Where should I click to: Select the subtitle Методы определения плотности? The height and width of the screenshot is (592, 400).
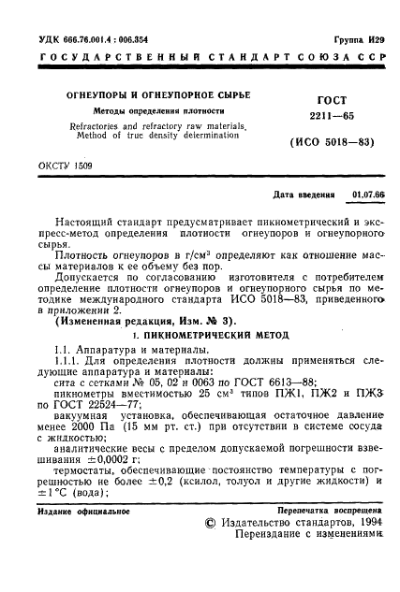(133, 110)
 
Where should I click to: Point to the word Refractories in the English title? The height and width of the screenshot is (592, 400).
(90, 124)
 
